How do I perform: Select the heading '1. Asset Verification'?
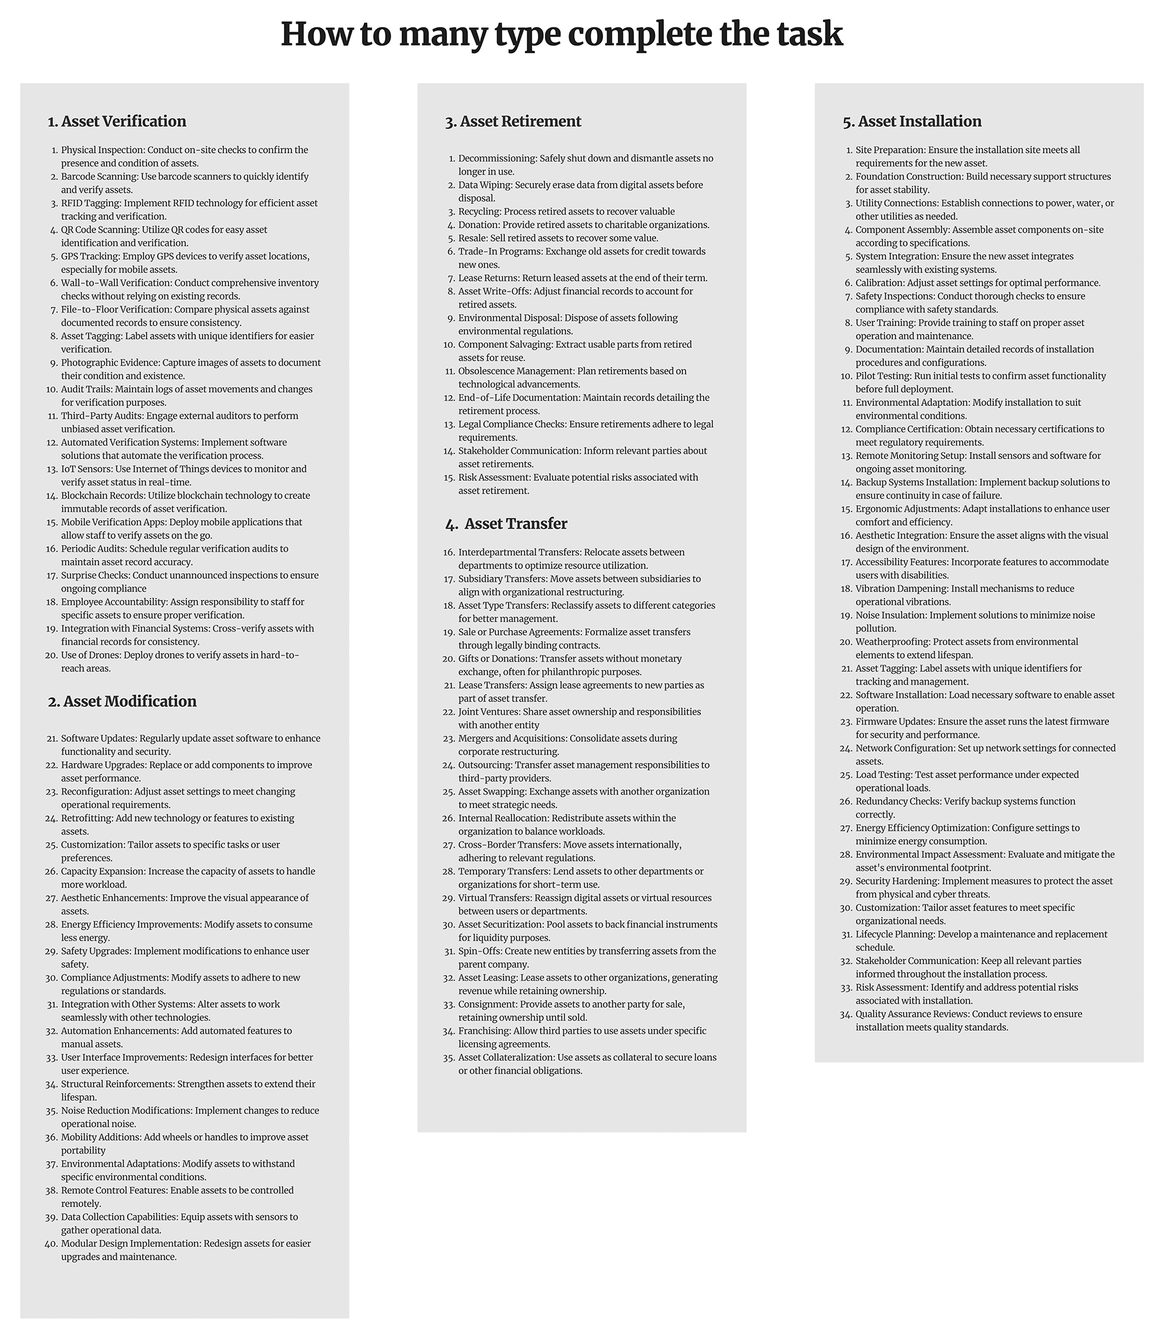[117, 121]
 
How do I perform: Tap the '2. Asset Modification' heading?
[122, 701]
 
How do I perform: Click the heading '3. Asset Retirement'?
[513, 121]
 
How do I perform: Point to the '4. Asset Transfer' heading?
[507, 524]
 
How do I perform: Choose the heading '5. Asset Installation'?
[912, 121]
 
